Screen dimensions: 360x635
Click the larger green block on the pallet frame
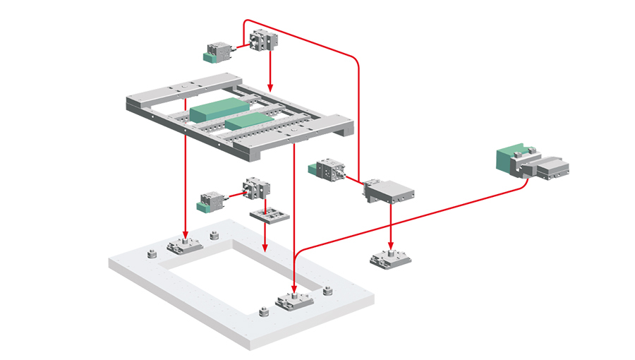click(214, 112)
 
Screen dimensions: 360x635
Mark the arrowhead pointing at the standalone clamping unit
click(389, 245)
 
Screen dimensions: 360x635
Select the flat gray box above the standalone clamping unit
click(389, 192)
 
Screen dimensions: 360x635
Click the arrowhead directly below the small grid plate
click(264, 248)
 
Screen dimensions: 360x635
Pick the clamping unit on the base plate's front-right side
click(294, 303)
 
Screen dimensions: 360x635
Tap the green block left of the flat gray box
click(316, 169)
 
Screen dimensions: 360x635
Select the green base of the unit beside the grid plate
click(208, 206)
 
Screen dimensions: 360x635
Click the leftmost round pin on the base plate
click(150, 254)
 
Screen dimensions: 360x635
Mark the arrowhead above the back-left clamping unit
click(185, 234)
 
